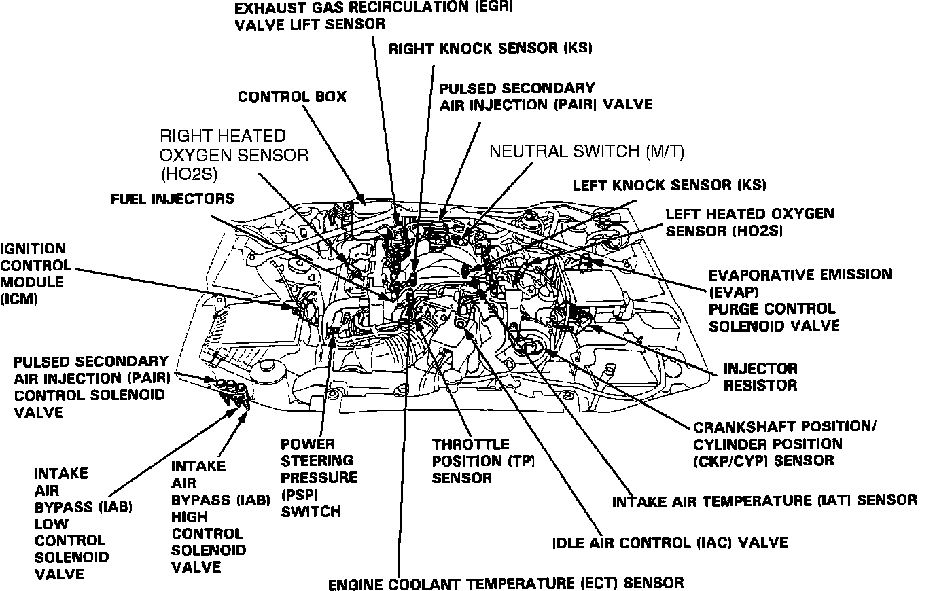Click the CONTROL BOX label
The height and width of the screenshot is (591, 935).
[x=292, y=96]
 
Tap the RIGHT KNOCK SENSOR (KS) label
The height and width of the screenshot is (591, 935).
[x=490, y=48]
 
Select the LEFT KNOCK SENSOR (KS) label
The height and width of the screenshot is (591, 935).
[x=669, y=185]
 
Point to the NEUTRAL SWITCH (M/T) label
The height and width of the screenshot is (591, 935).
[x=586, y=151]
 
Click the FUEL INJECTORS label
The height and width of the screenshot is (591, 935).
[x=173, y=199]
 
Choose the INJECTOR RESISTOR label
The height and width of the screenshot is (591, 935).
[x=760, y=377]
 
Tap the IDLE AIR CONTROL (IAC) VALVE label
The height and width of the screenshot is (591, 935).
[x=670, y=543]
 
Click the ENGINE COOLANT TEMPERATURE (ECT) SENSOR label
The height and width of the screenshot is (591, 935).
[x=506, y=583]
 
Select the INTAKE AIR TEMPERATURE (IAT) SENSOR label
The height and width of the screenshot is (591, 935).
[x=764, y=501]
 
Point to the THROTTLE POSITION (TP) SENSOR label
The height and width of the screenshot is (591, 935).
[x=483, y=461]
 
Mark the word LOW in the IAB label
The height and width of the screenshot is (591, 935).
[x=52, y=524]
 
